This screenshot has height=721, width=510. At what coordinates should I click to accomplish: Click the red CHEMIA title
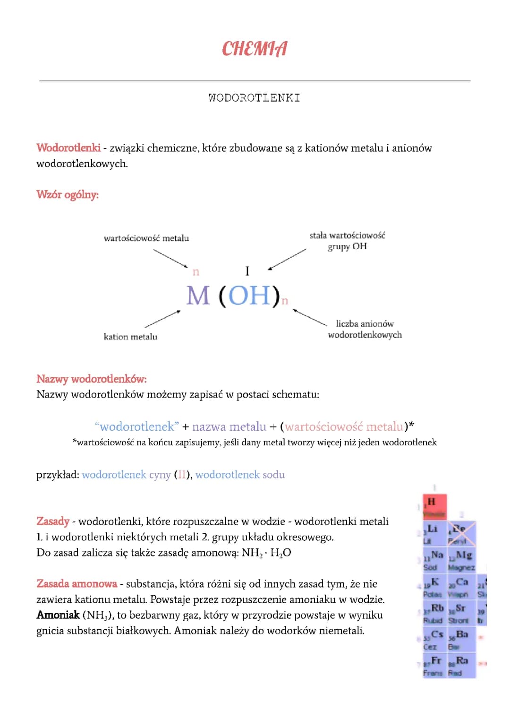click(x=255, y=48)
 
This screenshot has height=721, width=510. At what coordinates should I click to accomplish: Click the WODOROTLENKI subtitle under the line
click(x=254, y=98)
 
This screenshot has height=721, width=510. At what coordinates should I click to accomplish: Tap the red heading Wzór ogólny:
click(x=68, y=195)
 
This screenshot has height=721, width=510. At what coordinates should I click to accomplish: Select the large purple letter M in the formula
click(x=198, y=296)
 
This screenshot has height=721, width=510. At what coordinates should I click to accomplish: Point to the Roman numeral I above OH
click(x=247, y=271)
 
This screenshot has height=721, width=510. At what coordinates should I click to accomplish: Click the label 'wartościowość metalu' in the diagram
click(x=146, y=238)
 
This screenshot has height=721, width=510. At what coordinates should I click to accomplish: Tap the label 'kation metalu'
click(x=130, y=337)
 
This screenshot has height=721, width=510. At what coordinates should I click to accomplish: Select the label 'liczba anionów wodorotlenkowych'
click(x=365, y=329)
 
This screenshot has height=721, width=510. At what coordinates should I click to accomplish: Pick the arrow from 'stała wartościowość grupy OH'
click(x=287, y=259)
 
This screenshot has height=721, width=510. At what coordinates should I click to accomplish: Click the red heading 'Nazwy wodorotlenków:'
click(x=92, y=379)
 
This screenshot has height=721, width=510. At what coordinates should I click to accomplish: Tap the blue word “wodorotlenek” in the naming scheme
click(x=137, y=426)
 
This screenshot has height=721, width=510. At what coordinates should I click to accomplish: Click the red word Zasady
click(x=53, y=521)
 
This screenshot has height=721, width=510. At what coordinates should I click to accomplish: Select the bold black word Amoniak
click(x=58, y=615)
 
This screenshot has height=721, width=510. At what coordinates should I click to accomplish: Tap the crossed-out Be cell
click(x=461, y=533)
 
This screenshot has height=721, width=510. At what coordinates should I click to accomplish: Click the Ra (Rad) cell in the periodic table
click(x=461, y=665)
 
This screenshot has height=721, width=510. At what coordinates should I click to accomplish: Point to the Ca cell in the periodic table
click(x=461, y=586)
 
